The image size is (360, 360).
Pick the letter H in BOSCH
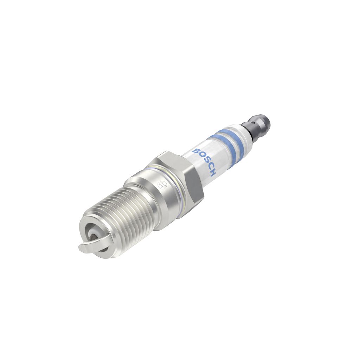[x=213, y=173]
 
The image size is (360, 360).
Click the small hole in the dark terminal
[x=253, y=123]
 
